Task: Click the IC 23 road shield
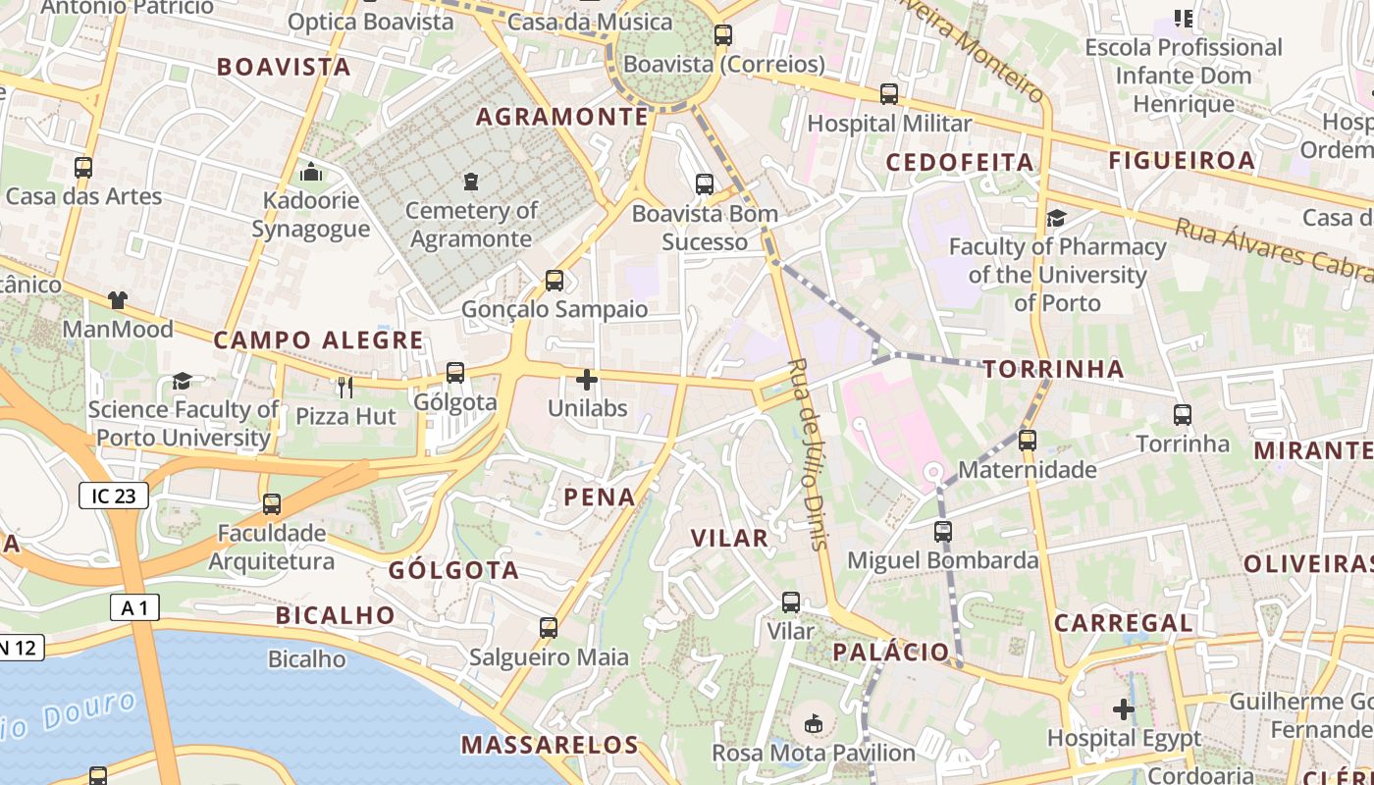click(114, 496)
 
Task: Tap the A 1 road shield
click(134, 608)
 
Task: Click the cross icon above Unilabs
click(587, 380)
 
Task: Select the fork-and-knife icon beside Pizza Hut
click(344, 388)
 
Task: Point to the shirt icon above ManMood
click(118, 300)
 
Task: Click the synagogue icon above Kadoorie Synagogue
click(311, 173)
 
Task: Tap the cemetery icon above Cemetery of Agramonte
click(471, 182)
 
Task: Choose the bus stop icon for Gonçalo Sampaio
click(555, 281)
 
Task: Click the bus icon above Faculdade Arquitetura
click(272, 504)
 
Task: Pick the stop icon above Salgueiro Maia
click(549, 628)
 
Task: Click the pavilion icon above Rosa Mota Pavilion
click(813, 724)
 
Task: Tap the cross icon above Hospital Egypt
click(1124, 708)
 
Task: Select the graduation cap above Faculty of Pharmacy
click(1056, 218)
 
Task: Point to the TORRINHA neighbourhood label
click(1053, 369)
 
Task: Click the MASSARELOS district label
click(550, 745)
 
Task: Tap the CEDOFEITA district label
click(960, 162)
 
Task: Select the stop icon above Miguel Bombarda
click(943, 532)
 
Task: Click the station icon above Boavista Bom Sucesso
click(705, 183)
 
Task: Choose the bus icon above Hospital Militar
click(889, 94)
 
